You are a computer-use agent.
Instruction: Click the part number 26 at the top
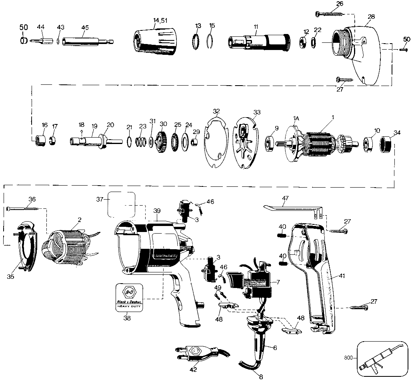tap(340, 4)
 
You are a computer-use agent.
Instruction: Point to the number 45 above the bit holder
tap(85, 27)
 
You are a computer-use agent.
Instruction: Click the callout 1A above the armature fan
tap(296, 118)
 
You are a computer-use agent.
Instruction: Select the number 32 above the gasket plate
tap(216, 111)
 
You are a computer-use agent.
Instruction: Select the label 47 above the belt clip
tap(285, 198)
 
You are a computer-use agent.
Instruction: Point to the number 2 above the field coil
tap(80, 220)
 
